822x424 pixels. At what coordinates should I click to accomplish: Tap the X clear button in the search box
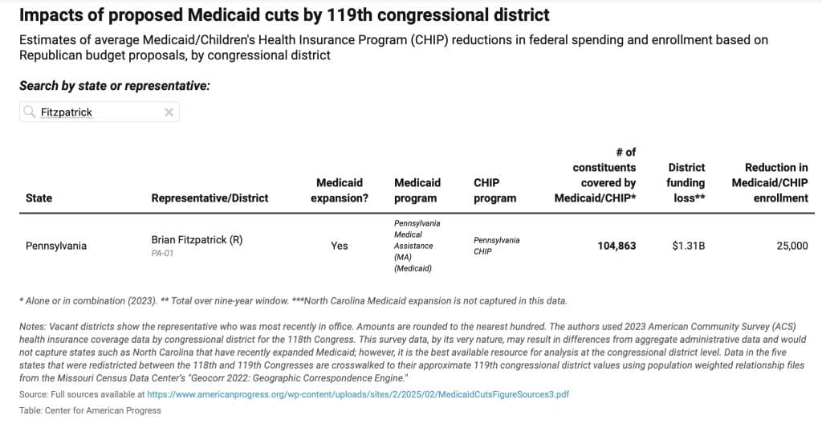tap(169, 112)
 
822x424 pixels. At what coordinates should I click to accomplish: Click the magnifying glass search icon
tap(30, 112)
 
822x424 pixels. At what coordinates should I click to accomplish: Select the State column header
tap(39, 198)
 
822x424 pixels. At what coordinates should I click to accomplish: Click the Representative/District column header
tap(210, 198)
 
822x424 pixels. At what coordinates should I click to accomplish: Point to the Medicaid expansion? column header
tap(339, 190)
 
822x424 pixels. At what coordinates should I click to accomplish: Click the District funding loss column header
tap(686, 182)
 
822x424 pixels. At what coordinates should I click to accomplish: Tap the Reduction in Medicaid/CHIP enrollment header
tap(769, 182)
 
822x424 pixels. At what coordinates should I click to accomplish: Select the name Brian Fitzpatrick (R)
tap(197, 240)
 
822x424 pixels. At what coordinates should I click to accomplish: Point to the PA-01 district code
tap(163, 253)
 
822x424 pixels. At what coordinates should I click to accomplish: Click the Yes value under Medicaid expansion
tap(339, 246)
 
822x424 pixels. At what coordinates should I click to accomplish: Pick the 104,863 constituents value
tap(616, 246)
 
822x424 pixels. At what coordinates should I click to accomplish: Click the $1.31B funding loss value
tap(688, 246)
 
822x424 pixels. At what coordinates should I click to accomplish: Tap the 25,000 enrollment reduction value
tap(791, 246)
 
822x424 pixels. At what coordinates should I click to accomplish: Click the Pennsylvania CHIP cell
tap(496, 246)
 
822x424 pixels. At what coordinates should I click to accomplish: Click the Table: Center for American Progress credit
tap(90, 410)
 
